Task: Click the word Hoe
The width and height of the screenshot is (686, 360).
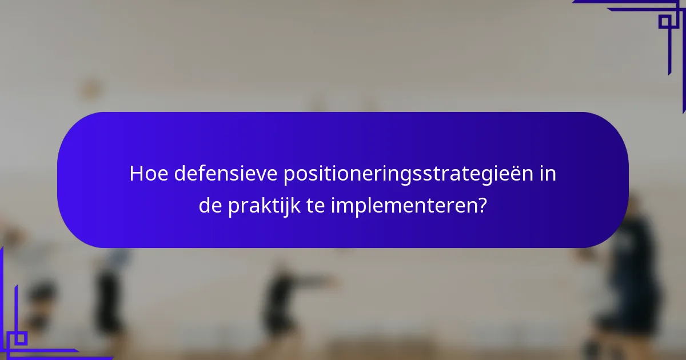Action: click(x=148, y=174)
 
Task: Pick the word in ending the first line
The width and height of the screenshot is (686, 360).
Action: click(x=548, y=174)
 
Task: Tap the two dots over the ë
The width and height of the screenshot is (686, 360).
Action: click(x=512, y=166)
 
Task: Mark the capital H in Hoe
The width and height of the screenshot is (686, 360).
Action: click(x=136, y=174)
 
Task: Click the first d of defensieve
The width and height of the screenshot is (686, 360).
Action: click(x=179, y=174)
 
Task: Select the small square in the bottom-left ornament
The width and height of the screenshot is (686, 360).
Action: click(x=21, y=338)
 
